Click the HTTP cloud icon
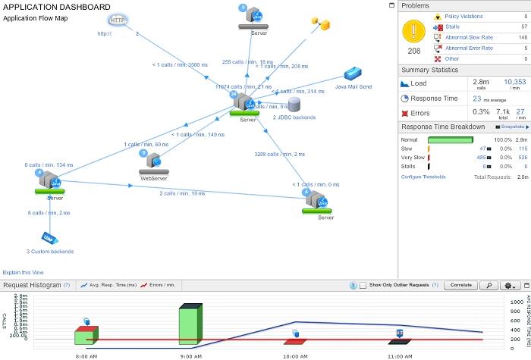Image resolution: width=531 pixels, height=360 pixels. coord(117,20)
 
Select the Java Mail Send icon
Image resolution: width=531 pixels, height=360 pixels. coord(353,75)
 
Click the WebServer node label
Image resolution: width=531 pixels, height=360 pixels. coord(153,179)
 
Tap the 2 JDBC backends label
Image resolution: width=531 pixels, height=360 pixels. coord(294,117)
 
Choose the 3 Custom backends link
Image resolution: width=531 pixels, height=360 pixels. coord(50,251)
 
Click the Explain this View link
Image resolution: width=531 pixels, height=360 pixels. coord(23,272)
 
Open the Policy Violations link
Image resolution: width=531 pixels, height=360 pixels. coord(463,16)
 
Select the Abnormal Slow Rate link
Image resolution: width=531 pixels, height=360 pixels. coord(468,37)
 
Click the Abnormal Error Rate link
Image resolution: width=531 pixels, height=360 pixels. coord(469,48)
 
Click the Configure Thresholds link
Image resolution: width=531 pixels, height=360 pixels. coord(423,177)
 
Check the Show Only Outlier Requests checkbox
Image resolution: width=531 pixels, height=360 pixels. coord(363,285)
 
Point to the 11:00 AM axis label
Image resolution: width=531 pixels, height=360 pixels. coord(399,354)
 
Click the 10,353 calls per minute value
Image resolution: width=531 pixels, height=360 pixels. coord(514,81)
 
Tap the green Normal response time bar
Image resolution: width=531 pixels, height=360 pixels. coord(451,140)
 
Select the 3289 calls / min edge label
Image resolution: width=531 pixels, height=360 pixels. coord(281,154)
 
